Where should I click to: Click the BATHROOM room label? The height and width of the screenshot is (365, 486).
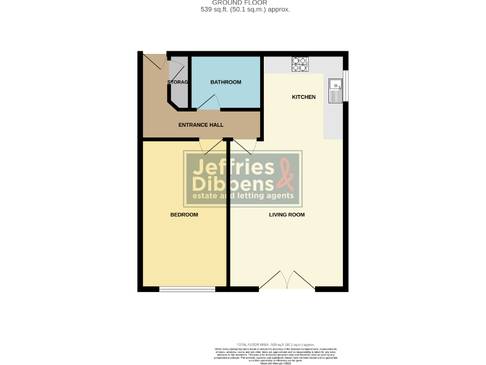[226, 82]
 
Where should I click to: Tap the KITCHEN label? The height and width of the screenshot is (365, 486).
[303, 97]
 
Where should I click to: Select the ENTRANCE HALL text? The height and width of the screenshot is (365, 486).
[201, 125]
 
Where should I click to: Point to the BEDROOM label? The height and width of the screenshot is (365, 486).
[184, 215]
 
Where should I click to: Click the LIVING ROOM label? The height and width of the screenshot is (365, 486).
[287, 215]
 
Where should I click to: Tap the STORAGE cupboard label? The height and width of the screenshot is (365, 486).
[178, 82]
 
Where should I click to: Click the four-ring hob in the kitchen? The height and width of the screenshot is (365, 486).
[299, 63]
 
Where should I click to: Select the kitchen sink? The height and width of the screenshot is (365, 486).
[335, 90]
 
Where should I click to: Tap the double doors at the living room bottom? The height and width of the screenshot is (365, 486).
[287, 281]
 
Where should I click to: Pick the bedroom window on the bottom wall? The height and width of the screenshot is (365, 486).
[187, 290]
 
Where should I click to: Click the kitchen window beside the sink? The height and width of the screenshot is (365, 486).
[346, 86]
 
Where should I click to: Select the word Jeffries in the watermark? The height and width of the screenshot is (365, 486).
[233, 167]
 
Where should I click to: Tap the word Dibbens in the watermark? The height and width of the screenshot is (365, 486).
[233, 184]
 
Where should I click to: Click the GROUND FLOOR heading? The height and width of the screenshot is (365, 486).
[242, 3]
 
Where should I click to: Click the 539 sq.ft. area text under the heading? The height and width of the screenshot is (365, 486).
[242, 10]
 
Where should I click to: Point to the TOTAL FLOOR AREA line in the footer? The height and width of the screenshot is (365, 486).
[275, 343]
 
